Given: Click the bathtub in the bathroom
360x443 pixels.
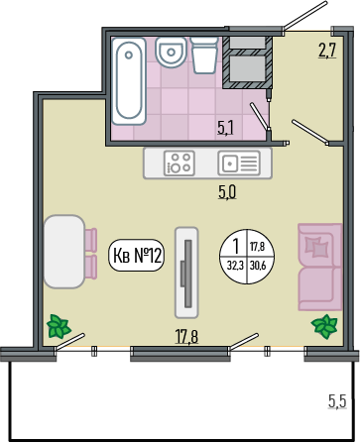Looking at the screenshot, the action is [x=129, y=81].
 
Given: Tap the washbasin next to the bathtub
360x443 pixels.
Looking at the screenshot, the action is [x=171, y=53].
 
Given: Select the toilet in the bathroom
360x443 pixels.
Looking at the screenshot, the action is [x=204, y=55].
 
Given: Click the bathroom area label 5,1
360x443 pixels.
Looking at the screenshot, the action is [x=225, y=128].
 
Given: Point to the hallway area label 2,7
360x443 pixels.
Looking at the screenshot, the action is [x=327, y=51].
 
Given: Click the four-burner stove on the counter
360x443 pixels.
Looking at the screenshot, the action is [x=180, y=163].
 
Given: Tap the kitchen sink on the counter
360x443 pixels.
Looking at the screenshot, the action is [x=239, y=163].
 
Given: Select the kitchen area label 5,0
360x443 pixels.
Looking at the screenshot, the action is [x=227, y=192].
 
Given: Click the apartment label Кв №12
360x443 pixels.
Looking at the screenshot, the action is [x=137, y=256].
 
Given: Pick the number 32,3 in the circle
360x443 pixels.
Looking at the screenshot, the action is [x=235, y=266].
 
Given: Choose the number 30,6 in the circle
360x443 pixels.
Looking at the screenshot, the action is [x=258, y=266].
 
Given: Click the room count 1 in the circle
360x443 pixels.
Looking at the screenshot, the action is [x=236, y=246].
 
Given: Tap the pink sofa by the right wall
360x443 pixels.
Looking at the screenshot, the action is [x=320, y=267].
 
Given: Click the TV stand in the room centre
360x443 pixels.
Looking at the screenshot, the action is [x=186, y=273].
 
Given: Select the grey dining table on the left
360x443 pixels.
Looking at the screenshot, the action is [x=64, y=252].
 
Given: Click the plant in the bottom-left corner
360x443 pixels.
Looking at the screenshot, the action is [x=59, y=326].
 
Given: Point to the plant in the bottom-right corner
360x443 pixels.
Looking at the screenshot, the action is [x=324, y=326].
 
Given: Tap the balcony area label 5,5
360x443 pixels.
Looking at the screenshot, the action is [x=337, y=401].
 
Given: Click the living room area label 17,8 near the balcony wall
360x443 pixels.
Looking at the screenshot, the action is [x=186, y=337].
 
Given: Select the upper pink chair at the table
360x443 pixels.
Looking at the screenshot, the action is [x=91, y=239].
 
